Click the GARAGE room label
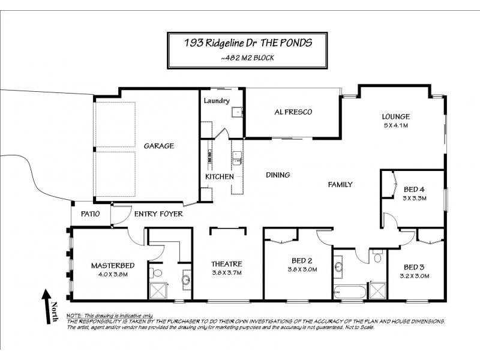coord(159,146)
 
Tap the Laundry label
coord(217,101)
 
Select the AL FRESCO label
coord(293,112)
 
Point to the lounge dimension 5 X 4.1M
coord(395,125)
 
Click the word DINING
coord(278,175)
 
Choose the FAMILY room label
coord(340,185)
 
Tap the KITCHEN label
coord(219,177)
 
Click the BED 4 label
coord(414,188)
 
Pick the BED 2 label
coord(302,260)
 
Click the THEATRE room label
coord(226,264)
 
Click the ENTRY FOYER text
coord(158,214)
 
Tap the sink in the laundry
coord(237,111)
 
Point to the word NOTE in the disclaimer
coord(74,316)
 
